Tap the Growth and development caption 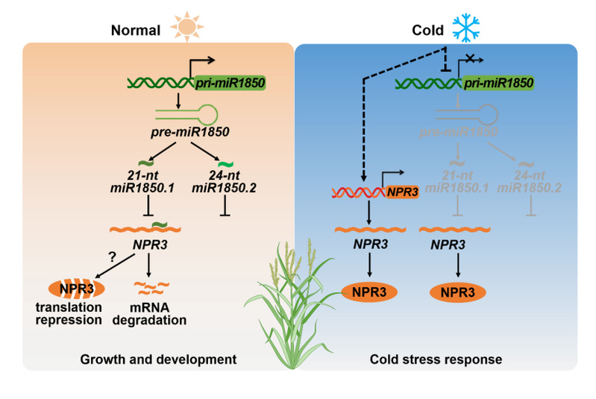point(158,359)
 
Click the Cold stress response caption point(436,359)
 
